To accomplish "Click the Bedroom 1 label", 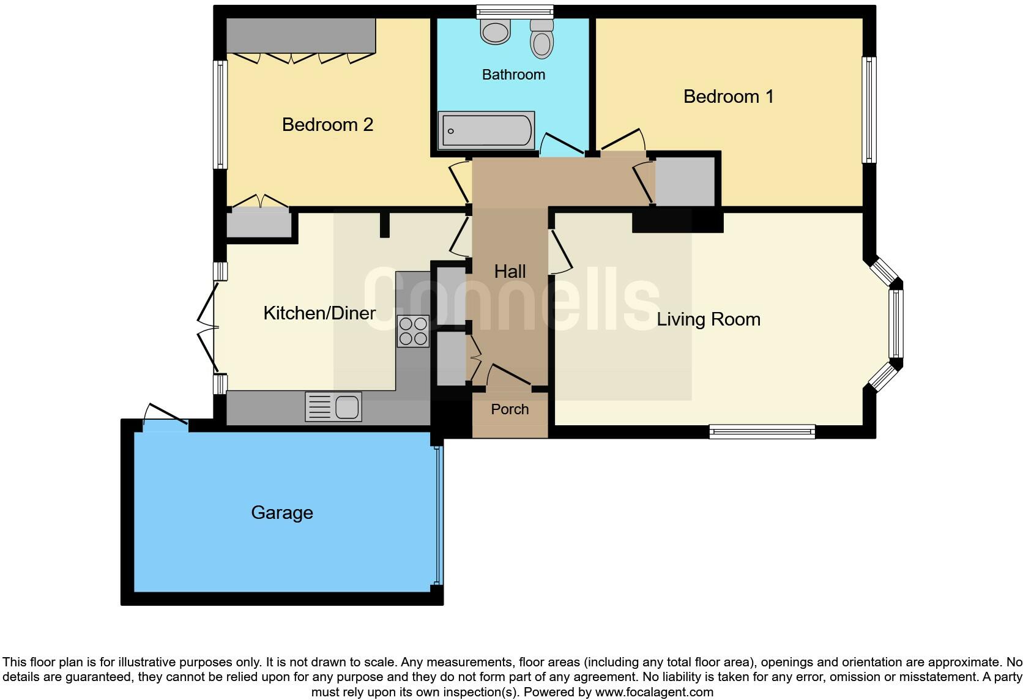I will tap(728, 97).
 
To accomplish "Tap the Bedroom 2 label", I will tap(327, 125).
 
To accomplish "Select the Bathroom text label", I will tap(513, 75).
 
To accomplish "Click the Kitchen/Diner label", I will tap(319, 313).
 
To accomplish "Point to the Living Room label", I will tap(708, 319).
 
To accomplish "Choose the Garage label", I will tap(281, 513).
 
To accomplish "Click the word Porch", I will tap(510, 409).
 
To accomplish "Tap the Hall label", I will tap(510, 272).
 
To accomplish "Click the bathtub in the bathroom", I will tap(486, 130).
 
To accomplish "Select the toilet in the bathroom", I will tap(541, 39).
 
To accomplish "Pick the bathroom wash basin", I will tap(496, 31).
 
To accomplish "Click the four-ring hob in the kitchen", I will tap(413, 330).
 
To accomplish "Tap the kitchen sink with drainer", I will tap(333, 407).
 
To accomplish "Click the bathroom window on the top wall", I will tap(515, 12).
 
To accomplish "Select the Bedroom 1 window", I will tap(869, 110).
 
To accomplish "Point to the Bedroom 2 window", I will tap(220, 114).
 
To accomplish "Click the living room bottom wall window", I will tap(762, 432).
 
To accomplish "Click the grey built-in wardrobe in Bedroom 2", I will tap(300, 35).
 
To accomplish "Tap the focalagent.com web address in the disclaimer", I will tap(654, 692).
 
